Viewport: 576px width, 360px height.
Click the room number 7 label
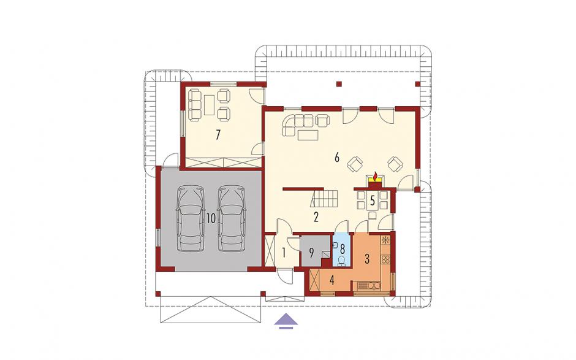point(218,136)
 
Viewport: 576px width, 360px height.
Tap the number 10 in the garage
point(211,218)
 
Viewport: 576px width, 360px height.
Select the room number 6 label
point(336,158)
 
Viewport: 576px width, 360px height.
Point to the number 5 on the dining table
point(373,201)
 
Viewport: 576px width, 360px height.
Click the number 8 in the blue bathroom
point(343,248)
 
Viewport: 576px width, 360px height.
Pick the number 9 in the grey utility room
point(311,253)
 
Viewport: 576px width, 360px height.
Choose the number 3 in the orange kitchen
point(366,259)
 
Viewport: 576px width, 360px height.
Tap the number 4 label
point(332,281)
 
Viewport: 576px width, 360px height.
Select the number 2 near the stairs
point(316,217)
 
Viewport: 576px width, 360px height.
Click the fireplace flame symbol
point(374,177)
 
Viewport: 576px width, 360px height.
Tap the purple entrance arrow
point(286,321)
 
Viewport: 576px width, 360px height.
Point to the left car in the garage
point(191,219)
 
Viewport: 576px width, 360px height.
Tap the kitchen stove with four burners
point(385,259)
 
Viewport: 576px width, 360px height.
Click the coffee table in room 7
point(210,105)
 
